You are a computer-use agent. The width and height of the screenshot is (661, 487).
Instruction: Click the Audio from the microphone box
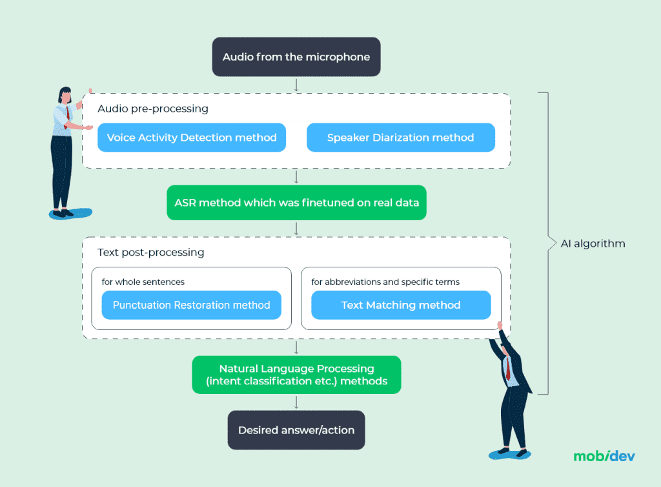click(x=296, y=57)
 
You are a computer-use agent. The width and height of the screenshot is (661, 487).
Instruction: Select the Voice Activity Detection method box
click(x=192, y=138)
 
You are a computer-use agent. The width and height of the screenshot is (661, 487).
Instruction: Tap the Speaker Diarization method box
click(x=400, y=138)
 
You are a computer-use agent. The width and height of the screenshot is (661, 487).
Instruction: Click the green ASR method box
click(x=296, y=203)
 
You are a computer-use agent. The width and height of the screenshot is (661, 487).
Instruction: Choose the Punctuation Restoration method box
click(x=191, y=305)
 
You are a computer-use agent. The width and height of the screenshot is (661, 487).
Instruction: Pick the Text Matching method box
click(x=401, y=305)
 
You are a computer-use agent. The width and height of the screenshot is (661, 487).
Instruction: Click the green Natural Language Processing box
click(x=296, y=375)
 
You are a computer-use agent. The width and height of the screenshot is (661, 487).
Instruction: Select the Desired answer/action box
click(x=296, y=430)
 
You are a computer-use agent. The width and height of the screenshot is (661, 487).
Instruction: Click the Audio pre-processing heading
click(x=153, y=109)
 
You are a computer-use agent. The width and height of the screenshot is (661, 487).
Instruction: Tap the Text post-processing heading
click(x=151, y=253)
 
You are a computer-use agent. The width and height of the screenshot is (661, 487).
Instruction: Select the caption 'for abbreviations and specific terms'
click(x=385, y=282)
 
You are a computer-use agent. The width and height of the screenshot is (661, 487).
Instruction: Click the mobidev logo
click(x=604, y=456)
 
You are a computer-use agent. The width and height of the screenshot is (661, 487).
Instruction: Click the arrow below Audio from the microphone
click(x=296, y=84)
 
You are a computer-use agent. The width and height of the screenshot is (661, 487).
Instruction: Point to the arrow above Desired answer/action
click(x=296, y=402)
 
